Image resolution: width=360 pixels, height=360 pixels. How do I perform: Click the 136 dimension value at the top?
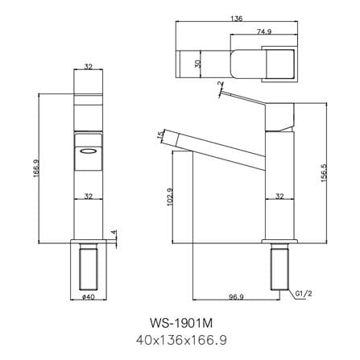coord(237,19)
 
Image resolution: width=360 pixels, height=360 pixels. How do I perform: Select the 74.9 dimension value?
coord(264,31)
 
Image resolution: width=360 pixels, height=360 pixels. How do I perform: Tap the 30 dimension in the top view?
coord(198,64)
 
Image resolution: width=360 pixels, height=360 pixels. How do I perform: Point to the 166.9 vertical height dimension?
coord(36,168)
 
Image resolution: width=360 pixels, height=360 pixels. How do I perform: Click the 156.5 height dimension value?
coord(324,173)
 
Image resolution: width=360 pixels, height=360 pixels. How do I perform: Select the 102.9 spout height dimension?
coord(170,197)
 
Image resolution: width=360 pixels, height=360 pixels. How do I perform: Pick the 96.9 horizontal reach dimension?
coord(236,297)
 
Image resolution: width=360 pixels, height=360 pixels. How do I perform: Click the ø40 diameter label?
coord(89,297)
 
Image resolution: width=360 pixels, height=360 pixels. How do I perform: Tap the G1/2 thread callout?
coord(304,294)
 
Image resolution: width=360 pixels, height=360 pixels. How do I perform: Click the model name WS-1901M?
coord(181,323)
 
